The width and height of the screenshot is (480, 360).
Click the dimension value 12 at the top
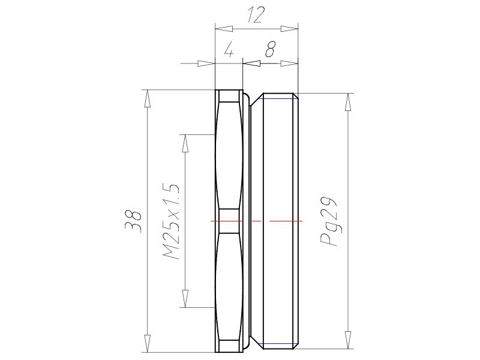[254, 16]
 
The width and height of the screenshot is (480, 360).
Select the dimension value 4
[229, 50]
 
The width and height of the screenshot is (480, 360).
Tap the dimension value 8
[271, 49]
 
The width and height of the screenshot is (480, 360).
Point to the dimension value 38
[133, 221]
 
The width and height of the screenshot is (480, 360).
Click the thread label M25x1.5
[170, 221]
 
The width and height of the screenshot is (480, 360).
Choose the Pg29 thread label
[328, 221]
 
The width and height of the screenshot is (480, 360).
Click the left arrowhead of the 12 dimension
[224, 29]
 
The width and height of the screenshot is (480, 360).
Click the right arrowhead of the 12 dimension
[289, 29]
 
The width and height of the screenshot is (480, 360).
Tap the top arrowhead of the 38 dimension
[148, 98]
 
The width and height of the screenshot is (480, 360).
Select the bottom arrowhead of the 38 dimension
[148, 343]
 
